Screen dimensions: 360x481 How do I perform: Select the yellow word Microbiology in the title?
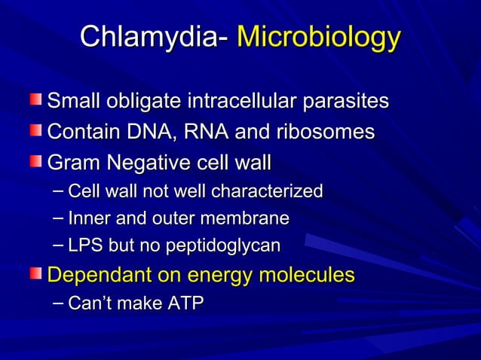(x=317, y=37)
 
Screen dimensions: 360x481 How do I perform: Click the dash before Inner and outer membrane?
(x=58, y=218)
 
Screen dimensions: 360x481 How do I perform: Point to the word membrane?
(x=254, y=218)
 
